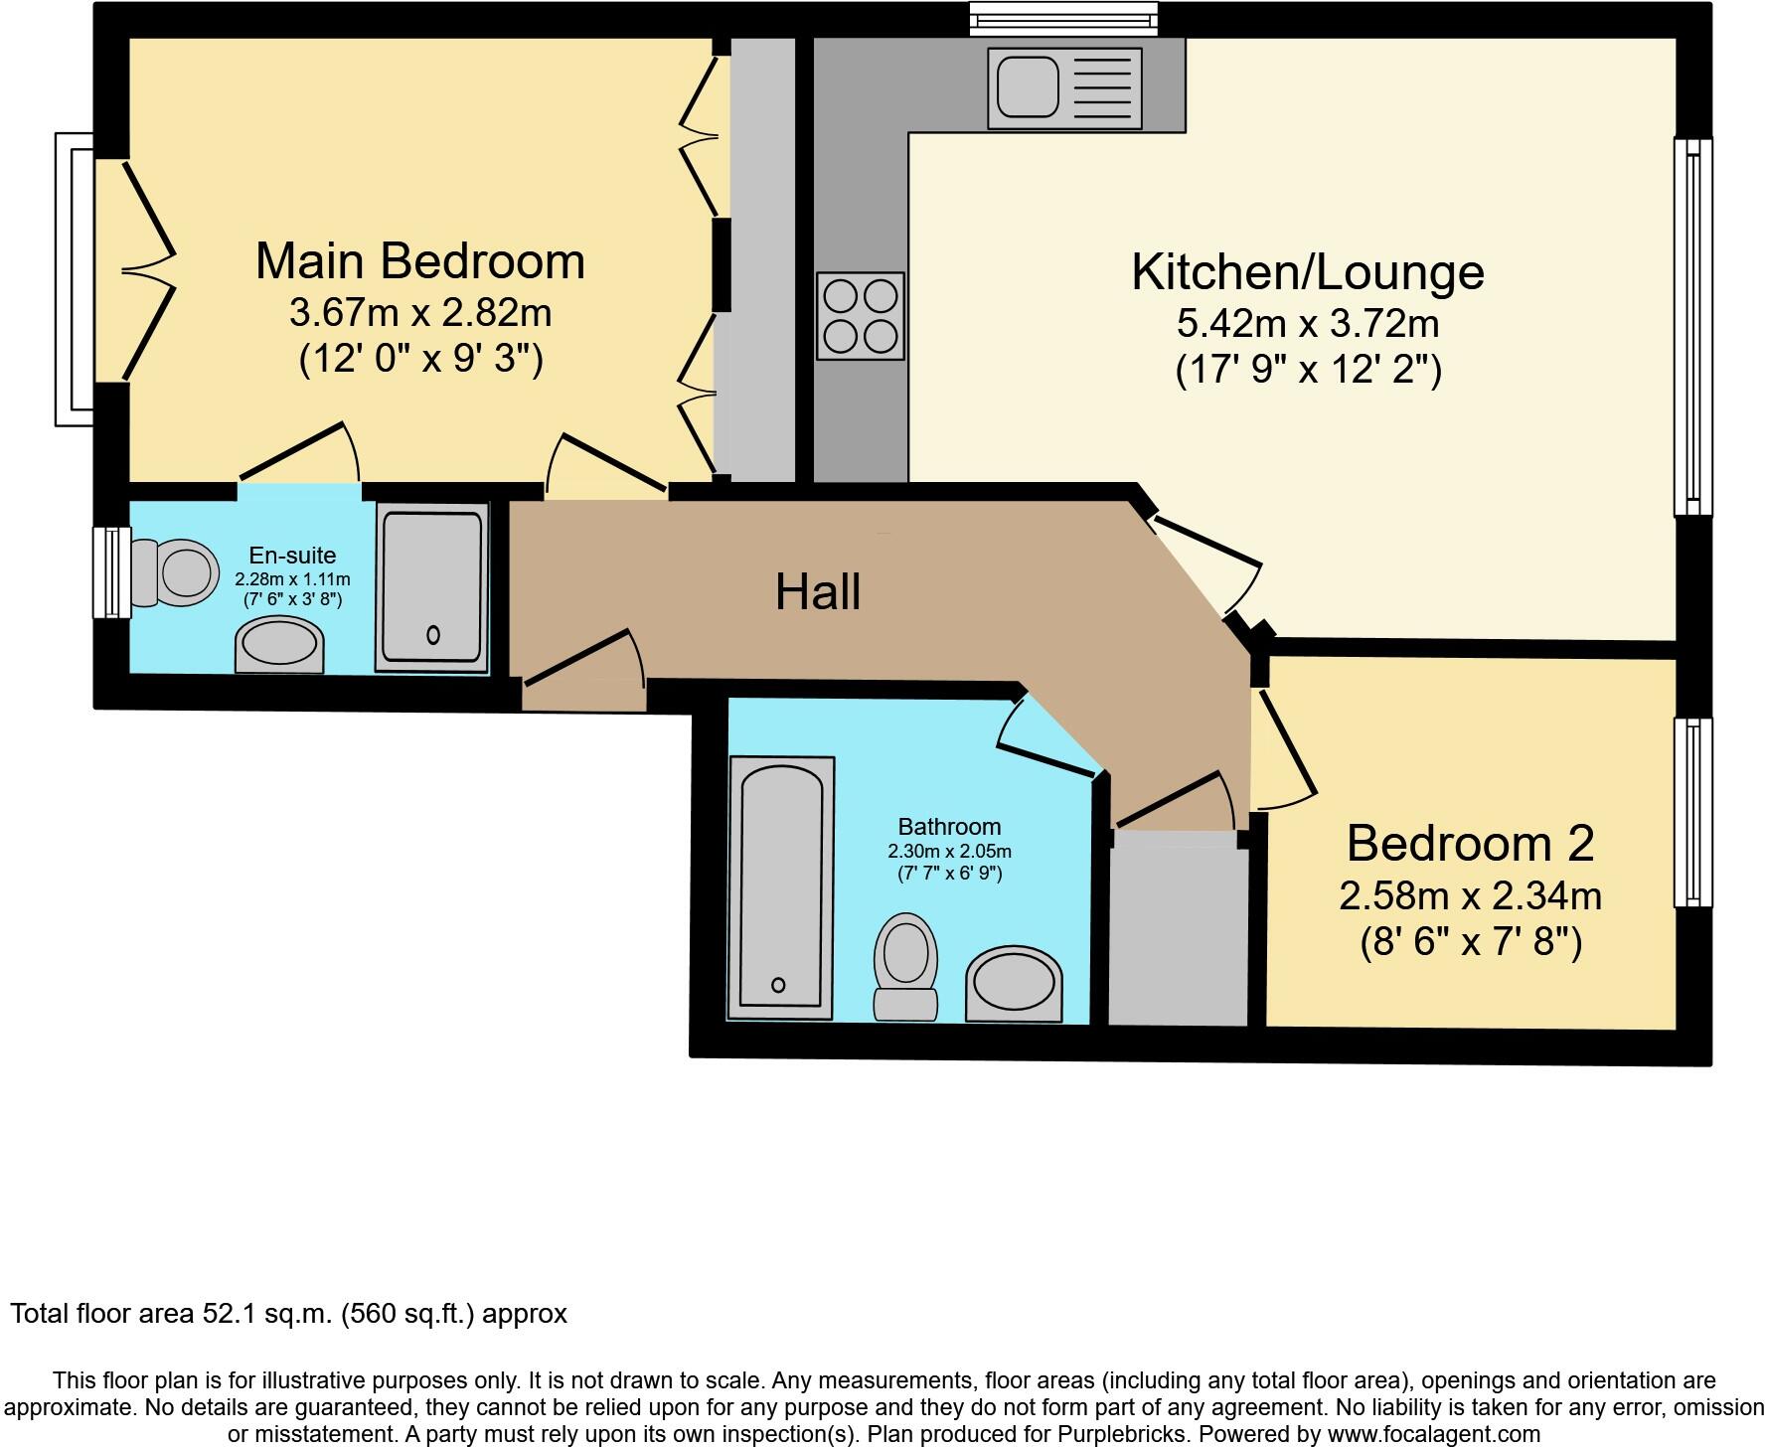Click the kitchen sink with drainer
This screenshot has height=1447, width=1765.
(1064, 88)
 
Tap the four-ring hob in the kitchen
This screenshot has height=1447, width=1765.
(861, 316)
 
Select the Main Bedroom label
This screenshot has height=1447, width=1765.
(419, 261)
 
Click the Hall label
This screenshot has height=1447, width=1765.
(817, 591)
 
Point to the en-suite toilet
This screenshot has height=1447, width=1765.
(177, 572)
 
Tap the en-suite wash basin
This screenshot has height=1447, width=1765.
(279, 646)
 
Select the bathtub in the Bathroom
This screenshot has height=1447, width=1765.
(781, 886)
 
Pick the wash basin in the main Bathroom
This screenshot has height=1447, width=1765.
(1013, 984)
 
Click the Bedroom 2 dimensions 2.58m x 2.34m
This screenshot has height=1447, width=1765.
(1470, 896)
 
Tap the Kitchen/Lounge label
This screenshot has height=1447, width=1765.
(1308, 272)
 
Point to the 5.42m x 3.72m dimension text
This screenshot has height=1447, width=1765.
(1308, 323)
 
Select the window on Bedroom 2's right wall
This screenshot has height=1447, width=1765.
(1692, 812)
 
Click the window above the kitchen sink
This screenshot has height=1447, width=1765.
(1063, 18)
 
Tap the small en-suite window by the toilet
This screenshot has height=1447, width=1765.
(111, 572)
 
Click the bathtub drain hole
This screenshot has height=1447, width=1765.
(778, 985)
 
